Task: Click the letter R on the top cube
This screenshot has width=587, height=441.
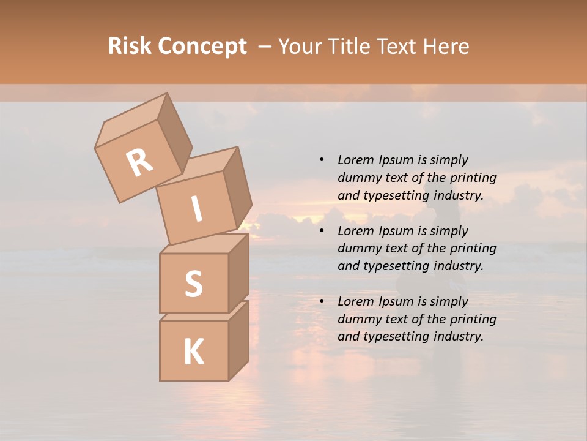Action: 140,163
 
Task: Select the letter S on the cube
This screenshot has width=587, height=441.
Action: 193,284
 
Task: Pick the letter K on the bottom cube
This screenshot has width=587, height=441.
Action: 193,352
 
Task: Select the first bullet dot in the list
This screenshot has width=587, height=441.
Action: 322,160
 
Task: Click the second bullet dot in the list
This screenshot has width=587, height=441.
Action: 322,231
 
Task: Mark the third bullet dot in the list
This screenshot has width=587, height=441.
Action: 322,301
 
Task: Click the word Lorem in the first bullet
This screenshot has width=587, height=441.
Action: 355,160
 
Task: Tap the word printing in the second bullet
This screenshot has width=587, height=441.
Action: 473,249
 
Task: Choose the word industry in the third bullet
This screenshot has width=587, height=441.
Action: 457,336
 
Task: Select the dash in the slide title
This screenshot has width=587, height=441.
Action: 265,47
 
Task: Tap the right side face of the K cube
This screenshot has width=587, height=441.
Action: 238,340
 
